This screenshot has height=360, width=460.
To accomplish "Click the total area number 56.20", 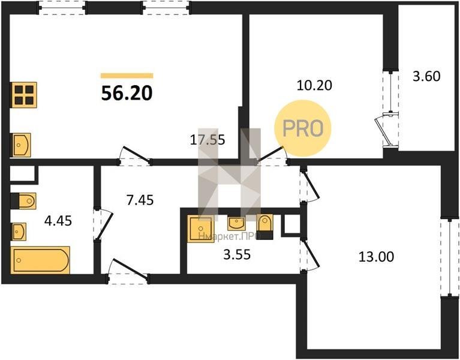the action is (127, 94).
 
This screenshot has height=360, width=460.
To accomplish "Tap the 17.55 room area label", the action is (208, 140).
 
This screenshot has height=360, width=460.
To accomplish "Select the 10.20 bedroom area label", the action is (314, 85).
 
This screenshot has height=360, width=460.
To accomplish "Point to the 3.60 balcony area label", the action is (426, 76).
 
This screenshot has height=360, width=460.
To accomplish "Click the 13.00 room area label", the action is (377, 257).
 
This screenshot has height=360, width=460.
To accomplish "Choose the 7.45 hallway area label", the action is (140, 200).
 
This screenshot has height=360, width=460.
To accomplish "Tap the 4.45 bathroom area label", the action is (58, 221).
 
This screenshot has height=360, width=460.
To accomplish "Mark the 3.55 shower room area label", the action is (237, 254).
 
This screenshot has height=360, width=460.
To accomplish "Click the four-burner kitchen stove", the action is (24, 95).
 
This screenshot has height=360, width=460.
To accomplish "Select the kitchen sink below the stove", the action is (20, 145).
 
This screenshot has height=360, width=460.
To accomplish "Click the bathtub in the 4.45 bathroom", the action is (41, 260).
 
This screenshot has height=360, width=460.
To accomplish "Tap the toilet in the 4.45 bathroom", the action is (23, 201).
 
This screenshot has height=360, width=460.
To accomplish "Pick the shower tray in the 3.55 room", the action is (201, 229).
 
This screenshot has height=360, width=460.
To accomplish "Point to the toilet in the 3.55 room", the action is (265, 227).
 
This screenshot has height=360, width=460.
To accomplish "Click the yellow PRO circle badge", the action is (303, 128).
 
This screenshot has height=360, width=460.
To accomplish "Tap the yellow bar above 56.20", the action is (127, 76).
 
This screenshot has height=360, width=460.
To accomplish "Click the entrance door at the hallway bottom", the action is (128, 272).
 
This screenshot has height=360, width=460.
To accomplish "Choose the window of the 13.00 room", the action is (450, 257).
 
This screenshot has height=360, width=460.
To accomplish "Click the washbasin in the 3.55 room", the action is (236, 224).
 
